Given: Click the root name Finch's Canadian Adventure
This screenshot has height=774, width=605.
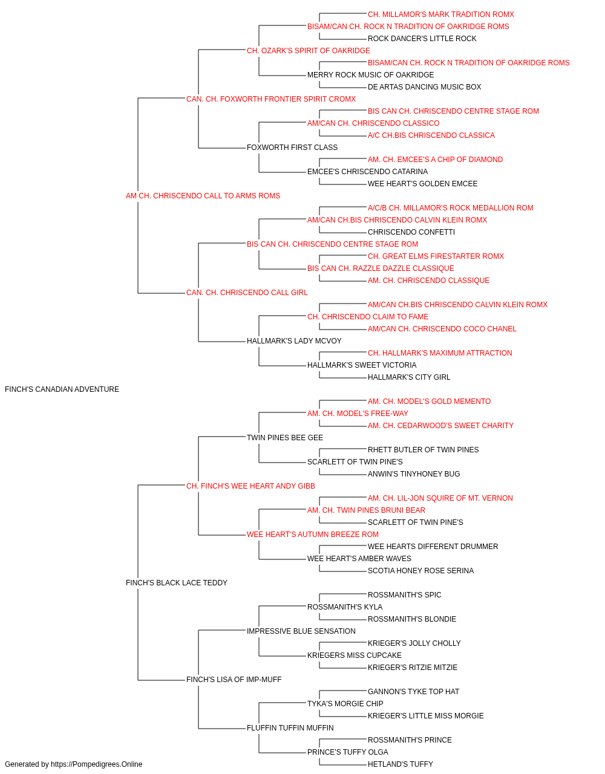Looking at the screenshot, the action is [x=62, y=389].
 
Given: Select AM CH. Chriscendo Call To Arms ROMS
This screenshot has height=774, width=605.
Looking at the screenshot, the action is [x=203, y=196].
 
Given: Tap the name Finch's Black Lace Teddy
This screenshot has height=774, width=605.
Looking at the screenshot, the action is [x=177, y=583].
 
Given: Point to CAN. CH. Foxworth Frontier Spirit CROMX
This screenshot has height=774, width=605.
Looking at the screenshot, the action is [x=271, y=99].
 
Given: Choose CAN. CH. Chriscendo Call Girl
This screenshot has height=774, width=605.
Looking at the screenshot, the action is [x=247, y=293].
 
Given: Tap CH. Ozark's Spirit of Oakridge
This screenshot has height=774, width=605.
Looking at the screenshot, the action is [x=308, y=51].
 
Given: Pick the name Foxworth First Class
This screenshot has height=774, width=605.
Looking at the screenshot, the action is [x=292, y=148].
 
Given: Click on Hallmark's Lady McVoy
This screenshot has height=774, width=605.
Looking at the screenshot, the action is [x=294, y=341].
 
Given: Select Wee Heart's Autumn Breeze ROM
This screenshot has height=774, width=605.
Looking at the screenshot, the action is [x=312, y=535].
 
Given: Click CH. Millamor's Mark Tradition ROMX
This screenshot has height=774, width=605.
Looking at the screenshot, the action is [x=441, y=15].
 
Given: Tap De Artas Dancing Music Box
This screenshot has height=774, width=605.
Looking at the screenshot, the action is [x=424, y=87].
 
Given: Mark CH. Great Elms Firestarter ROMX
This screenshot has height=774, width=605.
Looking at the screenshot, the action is [x=436, y=256].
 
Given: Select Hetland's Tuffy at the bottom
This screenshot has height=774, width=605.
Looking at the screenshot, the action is [x=400, y=764].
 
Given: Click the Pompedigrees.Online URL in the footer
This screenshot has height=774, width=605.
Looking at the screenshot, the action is [x=97, y=764].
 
